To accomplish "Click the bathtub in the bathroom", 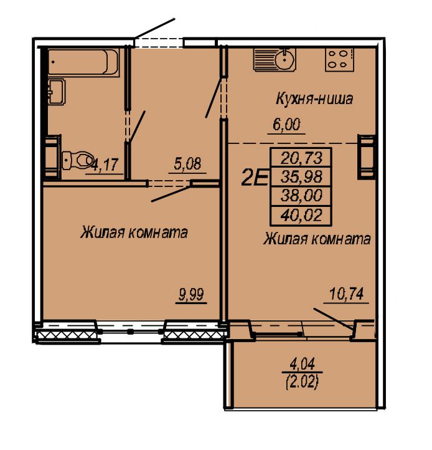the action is click(x=83, y=62).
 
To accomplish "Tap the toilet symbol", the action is click(x=78, y=160).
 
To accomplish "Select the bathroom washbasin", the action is click(x=57, y=92).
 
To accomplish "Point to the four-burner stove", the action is click(x=339, y=60).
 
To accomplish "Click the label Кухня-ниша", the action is click(x=314, y=99).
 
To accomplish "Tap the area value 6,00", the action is click(x=286, y=125).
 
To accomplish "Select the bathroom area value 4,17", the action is click(x=105, y=165).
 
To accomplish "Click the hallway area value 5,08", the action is click(x=187, y=164).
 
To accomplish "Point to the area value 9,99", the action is click(x=191, y=294).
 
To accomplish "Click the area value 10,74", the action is click(x=346, y=294).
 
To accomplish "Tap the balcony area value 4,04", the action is click(x=302, y=364).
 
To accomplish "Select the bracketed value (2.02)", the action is click(x=302, y=382).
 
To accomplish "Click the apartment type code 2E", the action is click(x=254, y=177).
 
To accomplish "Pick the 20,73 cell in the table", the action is click(x=301, y=158).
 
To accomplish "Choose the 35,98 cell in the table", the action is click(x=301, y=176).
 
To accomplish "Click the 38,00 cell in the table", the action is click(x=301, y=196).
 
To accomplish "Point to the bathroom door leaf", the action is click(x=137, y=127).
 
